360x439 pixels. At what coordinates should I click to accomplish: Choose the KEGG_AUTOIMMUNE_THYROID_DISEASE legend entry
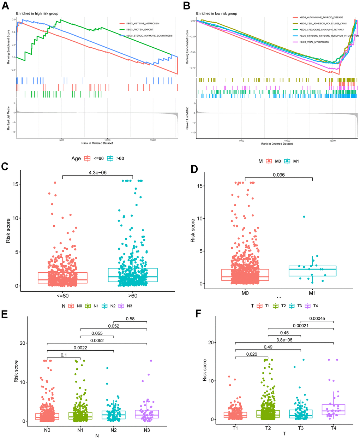[321, 17]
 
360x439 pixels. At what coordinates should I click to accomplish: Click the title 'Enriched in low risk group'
[217, 13]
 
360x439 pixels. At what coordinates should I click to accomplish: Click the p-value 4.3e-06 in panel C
[98, 172]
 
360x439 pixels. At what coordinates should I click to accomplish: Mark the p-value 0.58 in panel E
[130, 319]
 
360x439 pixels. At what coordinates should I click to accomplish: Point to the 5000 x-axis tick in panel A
[62, 140]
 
